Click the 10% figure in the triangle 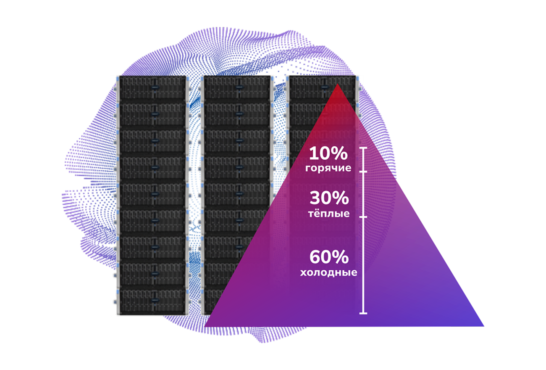[x=328, y=154]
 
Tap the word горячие [x=328, y=168]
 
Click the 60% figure [x=329, y=256]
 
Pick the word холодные [x=329, y=272]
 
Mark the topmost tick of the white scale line [x=363, y=148]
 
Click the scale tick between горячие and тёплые [x=363, y=172]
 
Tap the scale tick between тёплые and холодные [x=363, y=217]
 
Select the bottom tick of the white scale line [x=363, y=313]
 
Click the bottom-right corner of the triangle [x=483, y=325]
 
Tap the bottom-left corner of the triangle [x=206, y=326]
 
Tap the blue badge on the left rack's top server [x=154, y=88]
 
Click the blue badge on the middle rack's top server [x=239, y=88]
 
